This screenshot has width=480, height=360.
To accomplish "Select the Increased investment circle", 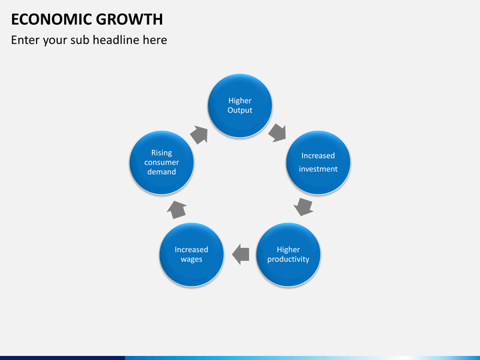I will (318, 162).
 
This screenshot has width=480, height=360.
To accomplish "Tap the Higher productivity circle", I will (288, 254).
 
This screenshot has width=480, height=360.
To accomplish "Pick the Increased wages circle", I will (191, 254).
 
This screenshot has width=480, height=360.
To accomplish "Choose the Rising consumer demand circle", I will (161, 162).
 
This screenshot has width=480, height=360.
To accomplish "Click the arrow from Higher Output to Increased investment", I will (277, 132).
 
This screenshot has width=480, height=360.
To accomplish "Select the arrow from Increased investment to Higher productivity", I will (304, 206).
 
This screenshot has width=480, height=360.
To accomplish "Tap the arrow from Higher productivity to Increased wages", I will (240, 253).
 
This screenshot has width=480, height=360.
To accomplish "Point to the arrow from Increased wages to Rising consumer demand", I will (177, 209).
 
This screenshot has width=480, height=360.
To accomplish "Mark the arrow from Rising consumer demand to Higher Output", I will (199, 135).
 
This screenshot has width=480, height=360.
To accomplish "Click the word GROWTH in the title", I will (129, 19).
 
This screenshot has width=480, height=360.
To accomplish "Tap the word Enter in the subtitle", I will (25, 40).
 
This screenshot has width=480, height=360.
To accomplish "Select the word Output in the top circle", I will (240, 110).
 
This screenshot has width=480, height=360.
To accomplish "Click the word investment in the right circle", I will (318, 169).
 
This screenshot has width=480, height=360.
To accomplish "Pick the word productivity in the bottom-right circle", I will (288, 259).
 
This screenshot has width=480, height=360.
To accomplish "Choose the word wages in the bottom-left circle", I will (191, 259).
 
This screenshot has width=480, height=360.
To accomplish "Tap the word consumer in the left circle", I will (161, 162).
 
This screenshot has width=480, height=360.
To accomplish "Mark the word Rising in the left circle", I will (161, 153).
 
